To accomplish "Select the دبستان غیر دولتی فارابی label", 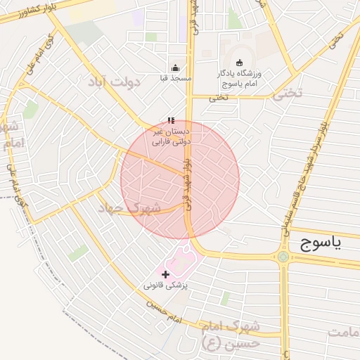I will point(172,136).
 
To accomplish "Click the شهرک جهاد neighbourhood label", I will point(129,208).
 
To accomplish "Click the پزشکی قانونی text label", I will point(166,285).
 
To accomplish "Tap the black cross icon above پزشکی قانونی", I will point(166,274).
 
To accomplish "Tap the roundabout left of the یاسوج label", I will point(283,257).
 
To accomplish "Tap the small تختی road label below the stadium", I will point(218,98).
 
